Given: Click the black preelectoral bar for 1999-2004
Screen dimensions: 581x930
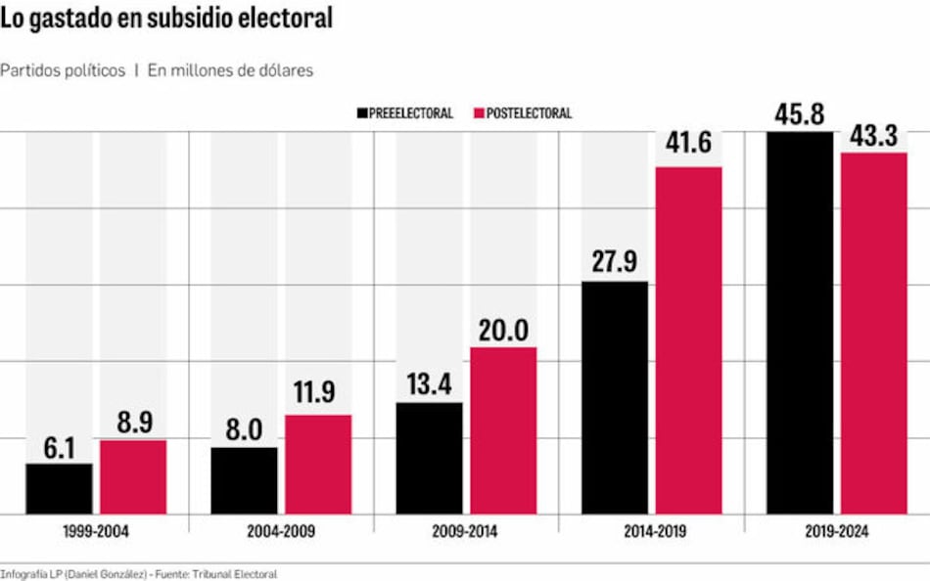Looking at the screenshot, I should point(59,488).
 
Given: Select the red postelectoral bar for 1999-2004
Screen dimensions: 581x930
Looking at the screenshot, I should point(133,476).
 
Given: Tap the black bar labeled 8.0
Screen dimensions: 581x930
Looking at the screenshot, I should point(244,480).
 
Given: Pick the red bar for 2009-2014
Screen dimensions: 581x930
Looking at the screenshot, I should point(503,430).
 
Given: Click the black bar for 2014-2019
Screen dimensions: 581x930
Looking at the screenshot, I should point(615,397).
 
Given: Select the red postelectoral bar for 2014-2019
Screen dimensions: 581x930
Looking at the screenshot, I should point(688,340).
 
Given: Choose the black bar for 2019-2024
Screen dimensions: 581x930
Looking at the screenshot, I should point(800,323).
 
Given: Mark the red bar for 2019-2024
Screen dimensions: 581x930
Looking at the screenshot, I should point(874,333).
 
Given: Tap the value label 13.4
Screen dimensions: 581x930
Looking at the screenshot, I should point(430,384).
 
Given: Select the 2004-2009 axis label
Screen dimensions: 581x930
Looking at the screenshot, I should point(280,532).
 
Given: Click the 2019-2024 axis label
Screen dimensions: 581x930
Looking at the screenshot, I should point(836,532).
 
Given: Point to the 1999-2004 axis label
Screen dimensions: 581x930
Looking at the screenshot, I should point(95,532).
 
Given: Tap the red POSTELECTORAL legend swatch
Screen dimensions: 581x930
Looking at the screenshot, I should point(479,113).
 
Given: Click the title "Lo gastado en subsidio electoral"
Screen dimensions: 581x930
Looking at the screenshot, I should point(166,19).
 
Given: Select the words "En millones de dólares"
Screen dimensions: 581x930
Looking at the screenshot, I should point(230,70).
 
